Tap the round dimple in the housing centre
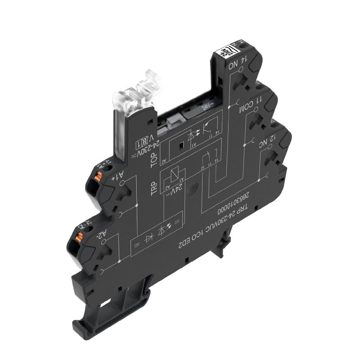point(193,188)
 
